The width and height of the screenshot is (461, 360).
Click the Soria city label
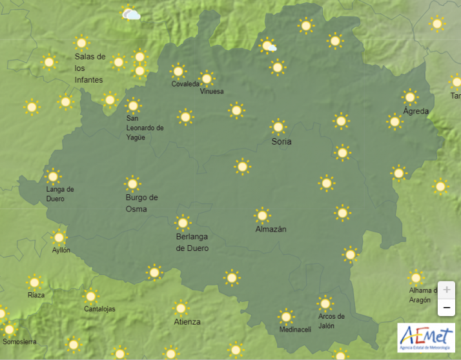tap(282, 141)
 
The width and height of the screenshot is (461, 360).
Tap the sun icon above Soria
tap(278, 126)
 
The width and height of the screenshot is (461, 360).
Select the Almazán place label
tap(271, 229)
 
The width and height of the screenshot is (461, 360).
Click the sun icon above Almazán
tap(262, 215)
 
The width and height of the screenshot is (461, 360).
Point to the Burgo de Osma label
tap(141, 203)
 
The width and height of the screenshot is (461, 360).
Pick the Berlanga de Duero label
tap(192, 242)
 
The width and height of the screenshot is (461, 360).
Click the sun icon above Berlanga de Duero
tap(183, 223)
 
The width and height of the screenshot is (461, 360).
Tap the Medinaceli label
tap(295, 330)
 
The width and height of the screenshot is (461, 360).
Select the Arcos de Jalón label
tap(331, 321)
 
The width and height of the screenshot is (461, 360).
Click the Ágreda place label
tap(416, 111)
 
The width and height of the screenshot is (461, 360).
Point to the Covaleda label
tap(185, 84)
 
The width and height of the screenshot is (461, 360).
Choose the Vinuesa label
tap(212, 92)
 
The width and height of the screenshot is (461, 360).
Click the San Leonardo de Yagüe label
tap(145, 127)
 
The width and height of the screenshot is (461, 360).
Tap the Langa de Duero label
tap(60, 194)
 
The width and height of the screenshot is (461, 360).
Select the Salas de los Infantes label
tap(90, 68)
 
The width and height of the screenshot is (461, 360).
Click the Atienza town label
tap(187, 322)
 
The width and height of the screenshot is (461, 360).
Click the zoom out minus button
tap(446, 308)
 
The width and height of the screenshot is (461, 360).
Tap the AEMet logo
tap(426, 337)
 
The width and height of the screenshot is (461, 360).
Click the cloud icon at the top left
tap(131, 14)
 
